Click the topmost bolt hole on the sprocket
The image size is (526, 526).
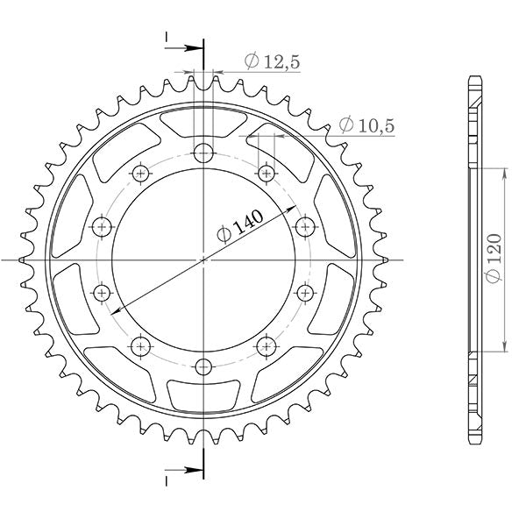[203, 152]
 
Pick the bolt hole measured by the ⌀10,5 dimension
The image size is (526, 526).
[265, 173]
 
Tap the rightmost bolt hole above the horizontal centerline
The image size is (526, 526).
[305, 227]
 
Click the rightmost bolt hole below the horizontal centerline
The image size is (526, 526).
[305, 291]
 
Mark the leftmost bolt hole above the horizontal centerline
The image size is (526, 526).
[103, 227]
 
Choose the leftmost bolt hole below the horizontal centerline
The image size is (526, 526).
[103, 291]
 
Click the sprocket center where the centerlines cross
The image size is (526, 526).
[203, 259]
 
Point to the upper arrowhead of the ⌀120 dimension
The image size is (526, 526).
[505, 172]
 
